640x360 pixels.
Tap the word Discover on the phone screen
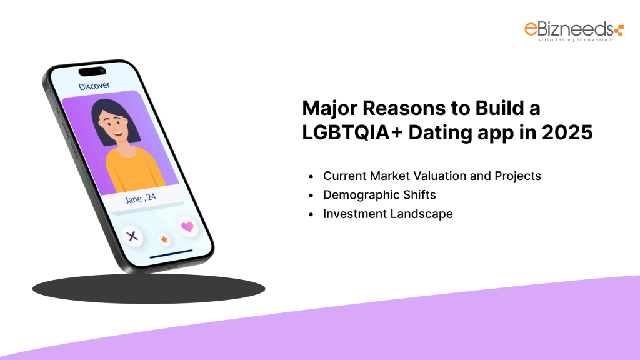pyautogui.click(x=94, y=85)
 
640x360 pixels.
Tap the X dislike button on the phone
pyautogui.click(x=132, y=236)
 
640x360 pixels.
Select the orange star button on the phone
pyautogui.click(x=164, y=239)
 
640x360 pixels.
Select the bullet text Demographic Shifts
pyautogui.click(x=379, y=195)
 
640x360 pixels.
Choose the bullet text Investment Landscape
pyautogui.click(x=387, y=214)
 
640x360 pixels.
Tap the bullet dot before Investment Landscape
pyautogui.click(x=311, y=214)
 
